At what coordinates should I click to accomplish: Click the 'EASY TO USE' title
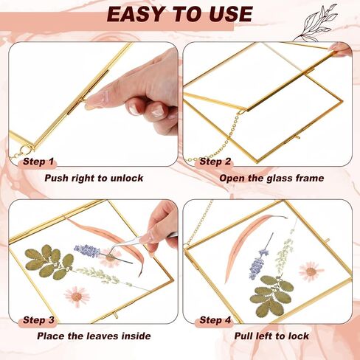(180, 14)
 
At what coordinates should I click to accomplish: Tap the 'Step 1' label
(38, 162)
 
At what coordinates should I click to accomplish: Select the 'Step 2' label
(215, 162)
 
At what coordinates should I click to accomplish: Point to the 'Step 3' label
(38, 320)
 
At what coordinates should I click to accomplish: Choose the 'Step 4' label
(215, 320)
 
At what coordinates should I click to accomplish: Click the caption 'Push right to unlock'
(94, 179)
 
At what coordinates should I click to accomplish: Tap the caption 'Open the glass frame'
(271, 179)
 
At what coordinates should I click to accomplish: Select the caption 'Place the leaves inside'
(94, 336)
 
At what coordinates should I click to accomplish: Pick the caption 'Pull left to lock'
(271, 336)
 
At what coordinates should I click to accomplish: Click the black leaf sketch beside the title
(317, 24)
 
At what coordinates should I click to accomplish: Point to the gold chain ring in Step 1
(25, 149)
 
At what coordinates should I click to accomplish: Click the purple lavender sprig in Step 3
(87, 251)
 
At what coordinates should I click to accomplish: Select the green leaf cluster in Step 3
(49, 262)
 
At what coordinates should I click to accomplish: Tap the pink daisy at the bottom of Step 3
(77, 297)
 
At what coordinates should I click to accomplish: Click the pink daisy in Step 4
(311, 271)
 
